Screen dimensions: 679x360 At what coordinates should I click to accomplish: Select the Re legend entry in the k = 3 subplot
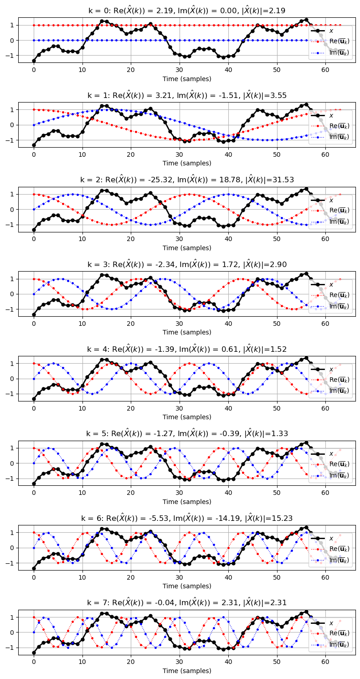339,295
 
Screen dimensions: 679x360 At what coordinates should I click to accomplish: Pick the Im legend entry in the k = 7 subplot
339,645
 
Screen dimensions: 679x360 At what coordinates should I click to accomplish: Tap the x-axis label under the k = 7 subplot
187,671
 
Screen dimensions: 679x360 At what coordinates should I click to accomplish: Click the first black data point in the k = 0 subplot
34,61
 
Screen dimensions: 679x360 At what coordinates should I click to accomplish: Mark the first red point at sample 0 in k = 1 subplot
34,109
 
